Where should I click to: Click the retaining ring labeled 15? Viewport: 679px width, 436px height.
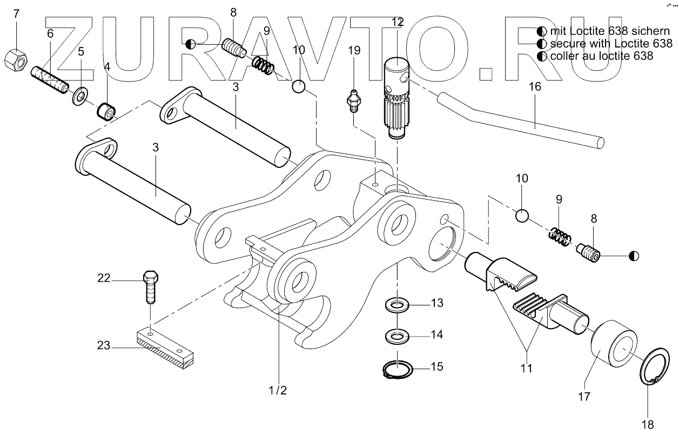point(398,370)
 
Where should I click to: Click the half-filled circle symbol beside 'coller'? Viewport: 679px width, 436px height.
point(541,56)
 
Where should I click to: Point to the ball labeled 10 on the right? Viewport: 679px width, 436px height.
point(521,216)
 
